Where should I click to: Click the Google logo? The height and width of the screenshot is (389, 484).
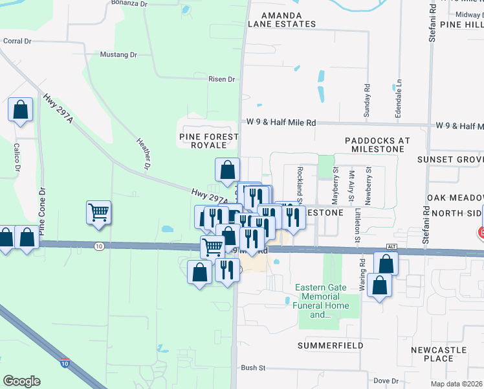pyautogui.click(x=21, y=381)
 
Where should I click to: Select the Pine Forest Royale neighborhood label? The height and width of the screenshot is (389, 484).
pyautogui.click(x=209, y=141)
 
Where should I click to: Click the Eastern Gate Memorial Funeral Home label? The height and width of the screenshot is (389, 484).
pyautogui.click(x=317, y=301)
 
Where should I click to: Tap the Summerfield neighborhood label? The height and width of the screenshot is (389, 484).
pyautogui.click(x=330, y=346)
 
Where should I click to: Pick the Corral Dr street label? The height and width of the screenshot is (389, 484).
pyautogui.click(x=17, y=41)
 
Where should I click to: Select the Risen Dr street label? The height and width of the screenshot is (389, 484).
pyautogui.click(x=221, y=79)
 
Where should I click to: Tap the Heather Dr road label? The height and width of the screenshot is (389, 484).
pyautogui.click(x=143, y=154)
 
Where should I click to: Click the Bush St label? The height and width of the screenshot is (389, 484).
pyautogui.click(x=253, y=368)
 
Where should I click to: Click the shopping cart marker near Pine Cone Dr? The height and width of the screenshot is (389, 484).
pyautogui.click(x=98, y=212)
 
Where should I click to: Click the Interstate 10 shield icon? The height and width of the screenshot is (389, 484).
pyautogui.click(x=65, y=362)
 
